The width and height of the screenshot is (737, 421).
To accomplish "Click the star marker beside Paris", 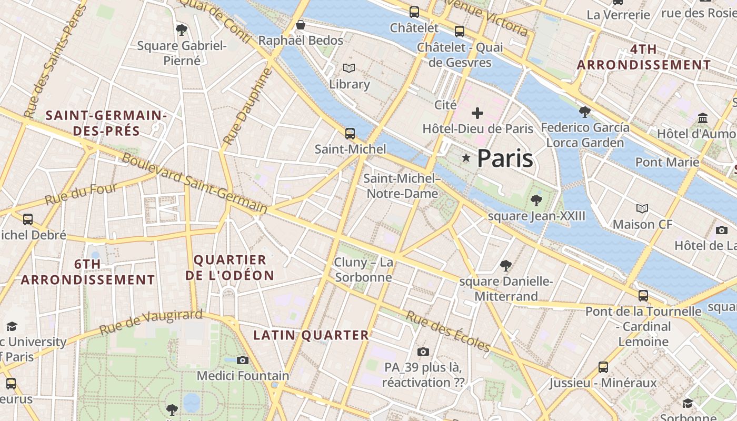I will pos(466,158).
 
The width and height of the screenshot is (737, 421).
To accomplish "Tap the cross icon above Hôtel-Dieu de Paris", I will pos(477,113).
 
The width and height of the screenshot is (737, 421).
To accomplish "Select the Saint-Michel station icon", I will pos(350,133).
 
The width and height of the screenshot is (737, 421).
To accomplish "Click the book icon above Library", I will pos(349,68).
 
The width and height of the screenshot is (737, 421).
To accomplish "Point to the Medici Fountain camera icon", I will pos(243,360).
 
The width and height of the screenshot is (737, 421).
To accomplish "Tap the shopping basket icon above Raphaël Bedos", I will pos(301,25).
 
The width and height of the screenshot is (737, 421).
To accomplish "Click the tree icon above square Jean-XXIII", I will pos(536,200).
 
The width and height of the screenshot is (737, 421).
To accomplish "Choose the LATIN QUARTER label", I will pos(311,335).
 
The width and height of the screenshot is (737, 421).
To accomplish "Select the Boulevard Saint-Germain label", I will pos(195,183).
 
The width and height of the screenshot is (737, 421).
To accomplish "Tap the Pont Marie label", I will pos(667,162).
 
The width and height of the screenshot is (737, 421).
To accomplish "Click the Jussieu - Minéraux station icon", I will pos(603,367).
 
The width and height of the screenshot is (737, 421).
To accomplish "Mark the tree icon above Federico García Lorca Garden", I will pos(584,112).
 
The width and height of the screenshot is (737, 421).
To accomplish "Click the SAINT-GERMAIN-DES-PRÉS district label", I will pos(106,123).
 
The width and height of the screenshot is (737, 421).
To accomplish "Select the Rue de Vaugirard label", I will pos(151,322).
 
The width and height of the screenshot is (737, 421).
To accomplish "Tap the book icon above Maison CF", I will pos(642,209).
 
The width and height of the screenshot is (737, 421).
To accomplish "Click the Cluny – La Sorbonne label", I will pos(364,269).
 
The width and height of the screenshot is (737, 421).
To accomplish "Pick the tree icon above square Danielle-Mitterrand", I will pos(506,265).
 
